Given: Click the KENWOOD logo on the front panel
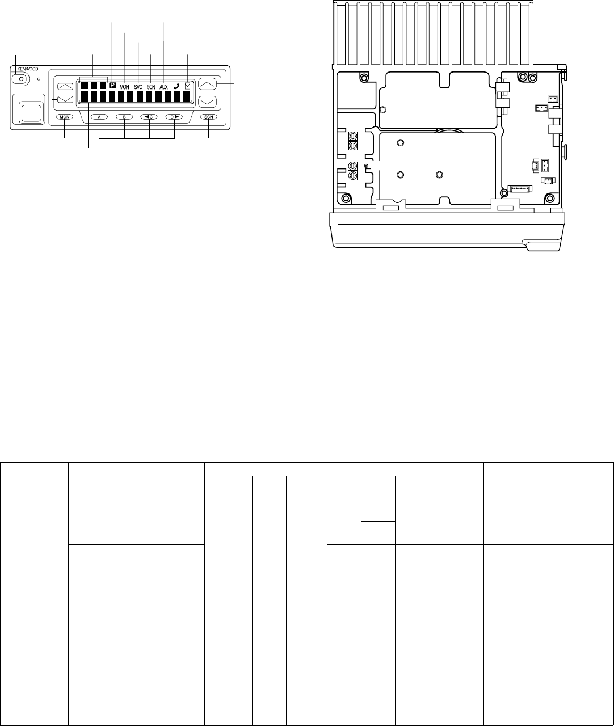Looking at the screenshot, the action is [x=28, y=69].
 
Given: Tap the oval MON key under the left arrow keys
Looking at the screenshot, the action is [x=64, y=117].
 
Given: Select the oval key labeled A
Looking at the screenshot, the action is [x=99, y=117].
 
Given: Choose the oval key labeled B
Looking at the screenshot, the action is [x=124, y=117].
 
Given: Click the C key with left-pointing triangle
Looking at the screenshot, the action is [x=149, y=117].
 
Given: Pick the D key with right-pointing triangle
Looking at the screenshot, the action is [x=174, y=117].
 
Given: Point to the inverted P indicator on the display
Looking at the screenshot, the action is [x=112, y=85].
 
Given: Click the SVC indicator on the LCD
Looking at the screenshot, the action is [x=138, y=87].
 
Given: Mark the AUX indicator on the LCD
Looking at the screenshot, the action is [x=164, y=87].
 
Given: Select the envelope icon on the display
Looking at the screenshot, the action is [x=187, y=85].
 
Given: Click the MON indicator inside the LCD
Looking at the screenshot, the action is [x=124, y=87].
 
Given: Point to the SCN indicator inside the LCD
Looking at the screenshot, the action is [x=151, y=87].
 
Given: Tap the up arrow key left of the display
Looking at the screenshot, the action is [x=65, y=86].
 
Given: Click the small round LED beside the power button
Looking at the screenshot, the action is [x=39, y=79].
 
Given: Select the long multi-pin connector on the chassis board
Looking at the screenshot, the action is [x=520, y=189].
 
